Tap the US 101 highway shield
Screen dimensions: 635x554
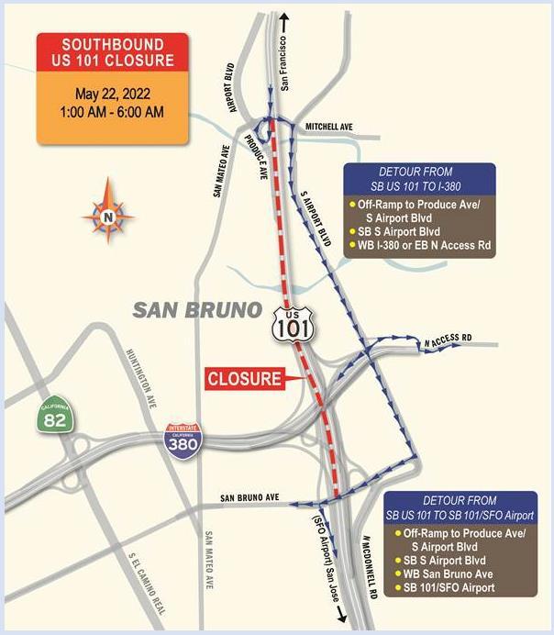[x=289, y=322]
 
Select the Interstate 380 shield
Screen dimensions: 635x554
[x=181, y=441]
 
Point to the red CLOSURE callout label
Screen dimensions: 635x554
[x=242, y=377]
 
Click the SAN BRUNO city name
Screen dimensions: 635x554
[x=196, y=310]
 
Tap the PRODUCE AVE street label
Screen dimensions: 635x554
[x=257, y=155]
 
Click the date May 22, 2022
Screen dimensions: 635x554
[x=112, y=94]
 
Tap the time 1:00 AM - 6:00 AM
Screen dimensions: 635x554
[x=112, y=112]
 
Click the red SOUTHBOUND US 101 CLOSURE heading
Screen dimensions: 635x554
[x=112, y=53]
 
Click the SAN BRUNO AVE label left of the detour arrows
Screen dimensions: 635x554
[x=249, y=498]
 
